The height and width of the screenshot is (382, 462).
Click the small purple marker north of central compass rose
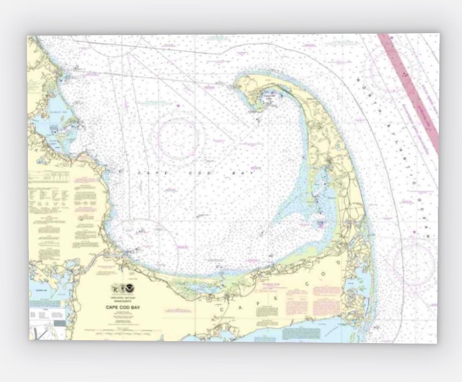pos(178,105)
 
